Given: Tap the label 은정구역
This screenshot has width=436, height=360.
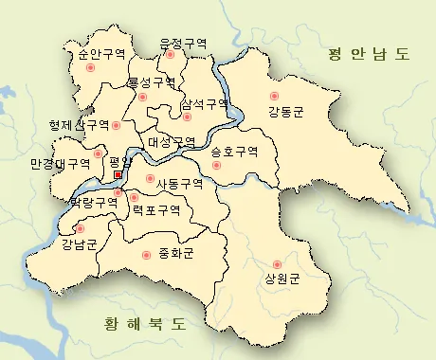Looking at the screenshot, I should coord(183,43).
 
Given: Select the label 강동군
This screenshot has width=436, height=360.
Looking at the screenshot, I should coord(286,111).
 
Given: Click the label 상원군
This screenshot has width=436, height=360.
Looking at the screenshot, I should coord(282,279).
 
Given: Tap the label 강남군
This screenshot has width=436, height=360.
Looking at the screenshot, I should coord(79,245).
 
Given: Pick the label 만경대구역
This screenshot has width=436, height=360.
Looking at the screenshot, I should coord(60,163).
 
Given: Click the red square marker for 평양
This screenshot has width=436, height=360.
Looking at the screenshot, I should coord(118,175).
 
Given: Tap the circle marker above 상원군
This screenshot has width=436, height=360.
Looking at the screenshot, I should coord(277,263).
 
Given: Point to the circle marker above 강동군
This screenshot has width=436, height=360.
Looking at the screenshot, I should coord(275,96).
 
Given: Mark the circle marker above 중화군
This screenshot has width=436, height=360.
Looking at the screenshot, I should coord(146,255).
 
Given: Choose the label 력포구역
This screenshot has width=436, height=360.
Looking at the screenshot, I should coord(156,210).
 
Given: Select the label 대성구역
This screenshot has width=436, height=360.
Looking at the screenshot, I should coord(172,142).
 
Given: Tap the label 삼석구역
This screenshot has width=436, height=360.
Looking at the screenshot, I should coord(204,102).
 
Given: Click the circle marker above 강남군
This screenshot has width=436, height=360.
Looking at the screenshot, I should coord(80,229).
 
